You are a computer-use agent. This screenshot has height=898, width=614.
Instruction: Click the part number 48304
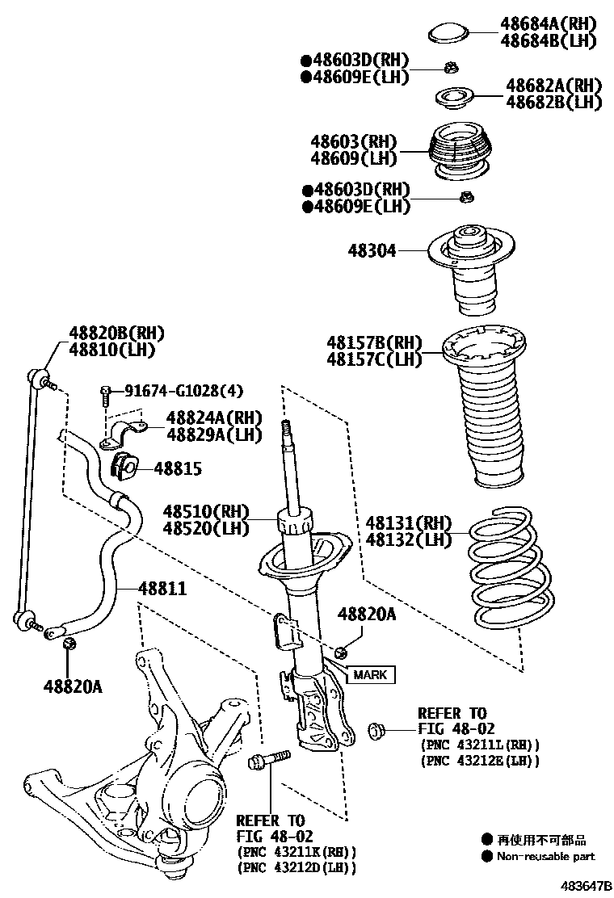[x=372, y=251]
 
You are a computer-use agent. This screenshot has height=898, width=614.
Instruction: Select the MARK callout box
[x=368, y=675]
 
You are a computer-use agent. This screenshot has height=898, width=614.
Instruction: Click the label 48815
[x=178, y=469]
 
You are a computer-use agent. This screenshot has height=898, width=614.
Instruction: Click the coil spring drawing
[x=511, y=573]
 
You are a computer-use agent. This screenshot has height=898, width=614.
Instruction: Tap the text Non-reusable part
[x=545, y=856]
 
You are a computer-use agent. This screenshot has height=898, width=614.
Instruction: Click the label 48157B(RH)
[x=374, y=342]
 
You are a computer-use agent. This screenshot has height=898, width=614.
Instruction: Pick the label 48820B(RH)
[x=111, y=334]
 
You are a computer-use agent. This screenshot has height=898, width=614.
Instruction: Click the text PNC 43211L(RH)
[x=480, y=745]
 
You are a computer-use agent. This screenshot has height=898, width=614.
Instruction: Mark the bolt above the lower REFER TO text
[x=266, y=761]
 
